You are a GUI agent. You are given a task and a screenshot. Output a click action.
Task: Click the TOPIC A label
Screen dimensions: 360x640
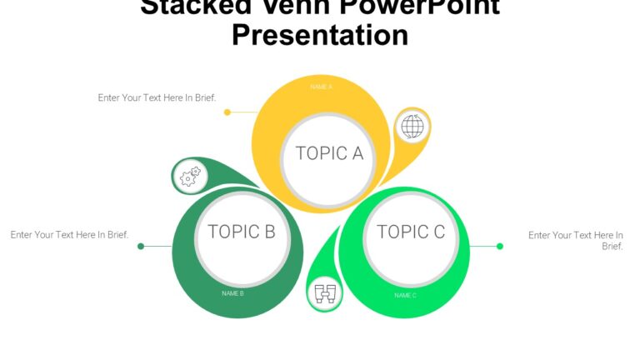pyautogui.click(x=329, y=153)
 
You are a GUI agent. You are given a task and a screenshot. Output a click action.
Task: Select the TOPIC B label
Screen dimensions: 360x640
pyautogui.click(x=241, y=232)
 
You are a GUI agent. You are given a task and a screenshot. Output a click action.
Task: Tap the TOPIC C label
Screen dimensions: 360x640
pyautogui.click(x=411, y=232)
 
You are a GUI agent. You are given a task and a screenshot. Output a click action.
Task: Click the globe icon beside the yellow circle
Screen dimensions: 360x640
pyautogui.click(x=412, y=127)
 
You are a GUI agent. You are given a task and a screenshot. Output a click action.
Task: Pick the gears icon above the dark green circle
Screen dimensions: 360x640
pyautogui.click(x=190, y=176)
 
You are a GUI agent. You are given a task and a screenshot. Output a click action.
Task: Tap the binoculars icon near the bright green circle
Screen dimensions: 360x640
pyautogui.click(x=325, y=293)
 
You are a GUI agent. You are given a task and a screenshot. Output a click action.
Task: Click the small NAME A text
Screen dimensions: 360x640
pyautogui.click(x=322, y=87)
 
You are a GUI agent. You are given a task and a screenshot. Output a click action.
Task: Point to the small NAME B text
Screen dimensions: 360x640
pyautogui.click(x=232, y=293)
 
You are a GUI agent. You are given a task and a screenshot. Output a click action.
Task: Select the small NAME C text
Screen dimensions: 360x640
pyautogui.click(x=405, y=295)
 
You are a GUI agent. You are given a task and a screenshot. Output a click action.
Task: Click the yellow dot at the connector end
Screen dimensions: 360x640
pyautogui.click(x=227, y=112)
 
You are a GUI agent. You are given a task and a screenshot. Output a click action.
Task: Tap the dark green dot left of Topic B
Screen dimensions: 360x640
pyautogui.click(x=141, y=246)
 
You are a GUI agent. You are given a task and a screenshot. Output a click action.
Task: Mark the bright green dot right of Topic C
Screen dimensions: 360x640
pyautogui.click(x=500, y=246)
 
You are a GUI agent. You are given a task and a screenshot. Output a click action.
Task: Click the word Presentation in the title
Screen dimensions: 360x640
pyautogui.click(x=320, y=35)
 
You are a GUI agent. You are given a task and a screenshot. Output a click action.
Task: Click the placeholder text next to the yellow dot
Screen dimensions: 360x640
pyautogui.click(x=157, y=97)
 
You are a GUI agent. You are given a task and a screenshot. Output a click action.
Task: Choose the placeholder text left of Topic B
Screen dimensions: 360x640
pyautogui.click(x=69, y=235)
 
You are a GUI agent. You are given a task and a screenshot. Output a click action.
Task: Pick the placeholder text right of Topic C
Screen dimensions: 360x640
pyautogui.click(x=575, y=241)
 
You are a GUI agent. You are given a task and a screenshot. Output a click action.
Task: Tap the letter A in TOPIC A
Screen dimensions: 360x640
pyautogui.click(x=357, y=153)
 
